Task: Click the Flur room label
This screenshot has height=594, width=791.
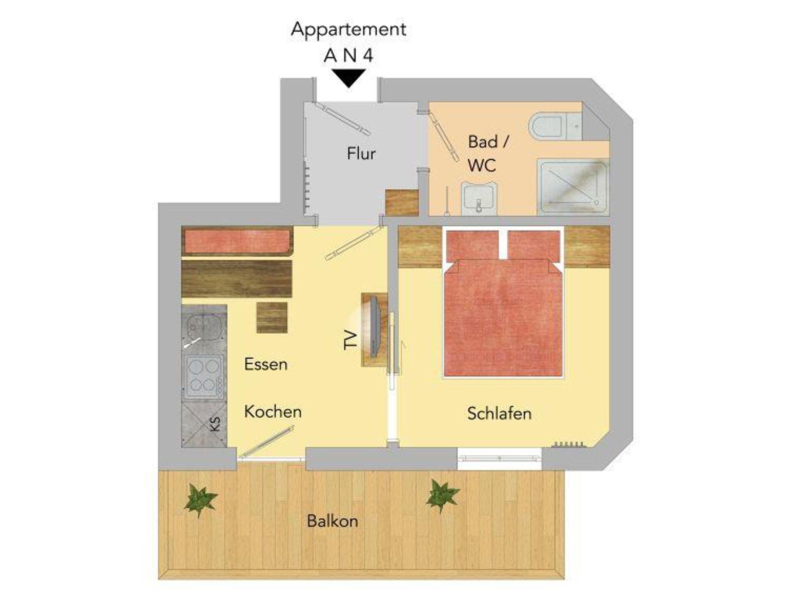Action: (361, 154)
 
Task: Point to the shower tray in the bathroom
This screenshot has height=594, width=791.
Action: (573, 187)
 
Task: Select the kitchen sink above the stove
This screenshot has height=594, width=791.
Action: (204, 329)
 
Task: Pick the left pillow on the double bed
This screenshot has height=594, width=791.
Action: (472, 245)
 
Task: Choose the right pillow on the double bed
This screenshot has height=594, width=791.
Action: (533, 245)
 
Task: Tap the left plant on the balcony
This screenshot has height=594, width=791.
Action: (200, 500)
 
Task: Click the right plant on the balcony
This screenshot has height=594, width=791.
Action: (442, 496)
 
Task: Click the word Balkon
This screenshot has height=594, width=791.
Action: (333, 521)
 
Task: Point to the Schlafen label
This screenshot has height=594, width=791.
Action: (499, 414)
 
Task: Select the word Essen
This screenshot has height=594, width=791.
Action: (266, 364)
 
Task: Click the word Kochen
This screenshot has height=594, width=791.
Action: (273, 412)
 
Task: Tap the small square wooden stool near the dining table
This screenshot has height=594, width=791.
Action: (272, 317)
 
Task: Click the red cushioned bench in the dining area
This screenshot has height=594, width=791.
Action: (237, 241)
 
